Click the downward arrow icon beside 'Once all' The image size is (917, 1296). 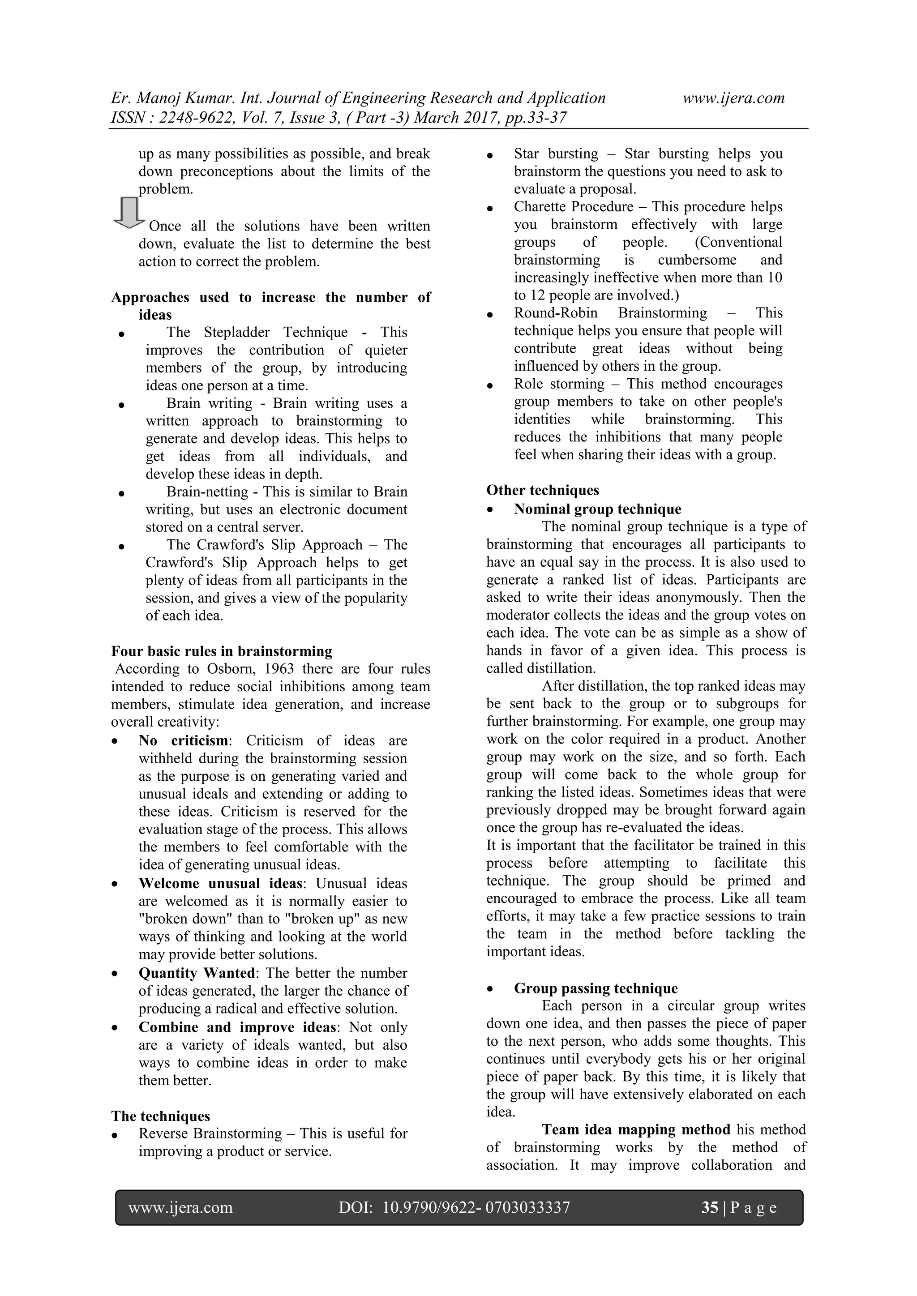pyautogui.click(x=129, y=213)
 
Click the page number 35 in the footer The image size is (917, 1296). pyautogui.click(x=709, y=1207)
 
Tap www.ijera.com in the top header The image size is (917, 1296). pyautogui.click(x=733, y=98)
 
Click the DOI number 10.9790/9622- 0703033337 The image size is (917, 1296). pyautogui.click(x=476, y=1207)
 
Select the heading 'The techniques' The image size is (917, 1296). pyautogui.click(x=160, y=1116)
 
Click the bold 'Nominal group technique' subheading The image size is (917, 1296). pyautogui.click(x=597, y=509)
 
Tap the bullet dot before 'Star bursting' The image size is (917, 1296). pyautogui.click(x=490, y=155)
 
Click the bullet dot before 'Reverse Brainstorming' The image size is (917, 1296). pyautogui.click(x=115, y=1135)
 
